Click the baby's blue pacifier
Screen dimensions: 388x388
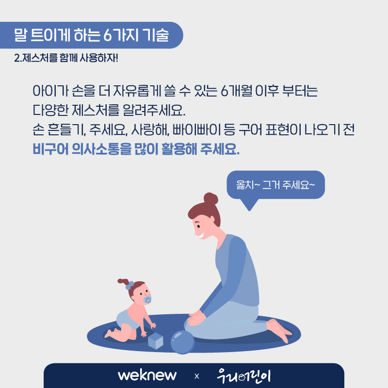[x=147, y=299]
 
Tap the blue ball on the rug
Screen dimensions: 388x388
[x=183, y=342]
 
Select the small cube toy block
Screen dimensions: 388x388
[x=156, y=341]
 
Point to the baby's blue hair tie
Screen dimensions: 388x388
[x=129, y=285]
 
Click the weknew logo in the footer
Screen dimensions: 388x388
[x=147, y=375]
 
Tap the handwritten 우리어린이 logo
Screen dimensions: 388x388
[x=244, y=375]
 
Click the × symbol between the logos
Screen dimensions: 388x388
[x=197, y=376]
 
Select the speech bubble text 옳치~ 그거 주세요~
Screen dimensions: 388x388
[x=275, y=185]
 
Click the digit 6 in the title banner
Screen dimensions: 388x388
[x=108, y=35]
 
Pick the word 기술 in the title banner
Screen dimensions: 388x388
[x=156, y=35]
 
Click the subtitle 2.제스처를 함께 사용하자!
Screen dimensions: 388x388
[x=66, y=58]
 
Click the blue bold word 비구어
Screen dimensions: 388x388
[x=50, y=149]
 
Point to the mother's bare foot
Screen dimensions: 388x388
[x=280, y=330]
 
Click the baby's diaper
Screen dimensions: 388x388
[x=126, y=319]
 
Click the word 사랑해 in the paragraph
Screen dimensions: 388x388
[x=150, y=129]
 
